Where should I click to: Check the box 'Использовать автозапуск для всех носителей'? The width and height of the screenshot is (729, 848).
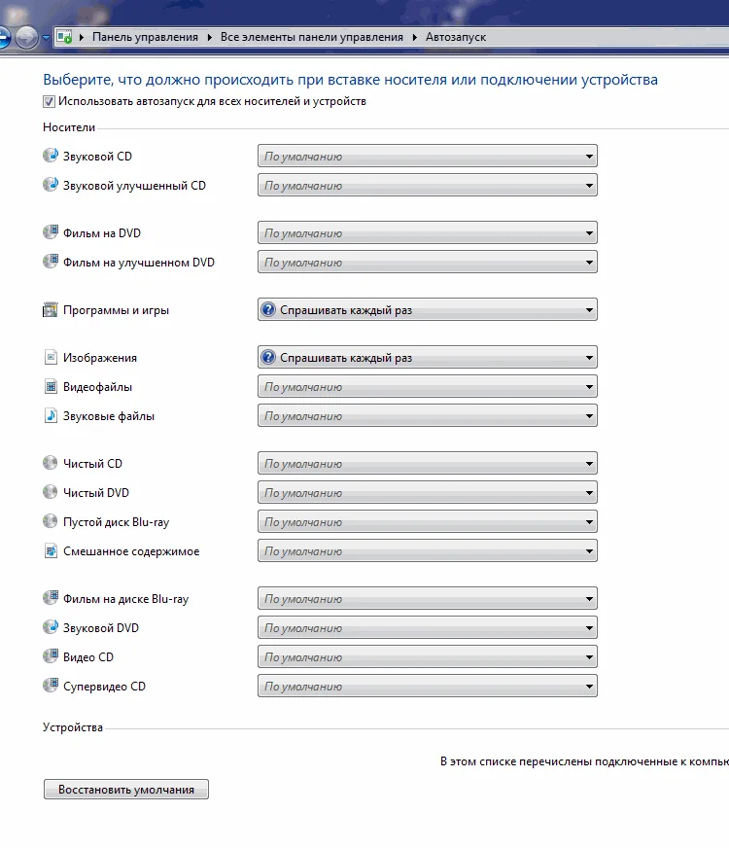coord(49,101)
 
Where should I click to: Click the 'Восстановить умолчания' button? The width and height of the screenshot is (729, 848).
coord(126,790)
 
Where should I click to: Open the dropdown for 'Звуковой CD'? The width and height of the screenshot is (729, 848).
coord(428,157)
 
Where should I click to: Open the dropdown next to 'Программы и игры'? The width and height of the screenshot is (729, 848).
coord(428,310)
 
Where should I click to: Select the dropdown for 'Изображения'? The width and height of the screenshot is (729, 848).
coord(428,358)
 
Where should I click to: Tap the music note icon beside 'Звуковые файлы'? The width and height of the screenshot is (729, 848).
coord(52,415)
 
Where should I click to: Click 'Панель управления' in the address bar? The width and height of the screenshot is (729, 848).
coord(145,37)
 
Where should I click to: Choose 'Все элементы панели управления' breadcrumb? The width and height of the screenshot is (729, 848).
coord(311,37)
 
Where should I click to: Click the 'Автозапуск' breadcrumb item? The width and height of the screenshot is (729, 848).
coord(456,37)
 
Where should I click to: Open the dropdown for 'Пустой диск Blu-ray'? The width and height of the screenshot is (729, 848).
coord(428,522)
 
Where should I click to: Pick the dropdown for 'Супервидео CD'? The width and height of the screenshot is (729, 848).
coord(428,687)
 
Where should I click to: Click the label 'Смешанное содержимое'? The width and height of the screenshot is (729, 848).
coord(131,551)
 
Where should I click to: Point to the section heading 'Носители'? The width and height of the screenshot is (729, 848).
coord(69,126)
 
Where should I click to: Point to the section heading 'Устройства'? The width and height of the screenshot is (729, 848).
coord(73,727)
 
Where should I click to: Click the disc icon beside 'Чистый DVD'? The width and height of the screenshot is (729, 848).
coord(52,492)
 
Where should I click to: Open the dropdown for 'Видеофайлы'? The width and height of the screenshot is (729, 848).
coord(428,387)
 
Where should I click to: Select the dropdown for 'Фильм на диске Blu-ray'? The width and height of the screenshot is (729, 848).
coord(428,599)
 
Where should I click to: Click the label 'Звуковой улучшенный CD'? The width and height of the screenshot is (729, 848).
coord(134,185)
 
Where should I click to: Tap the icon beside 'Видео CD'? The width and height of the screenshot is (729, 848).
coord(52,656)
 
